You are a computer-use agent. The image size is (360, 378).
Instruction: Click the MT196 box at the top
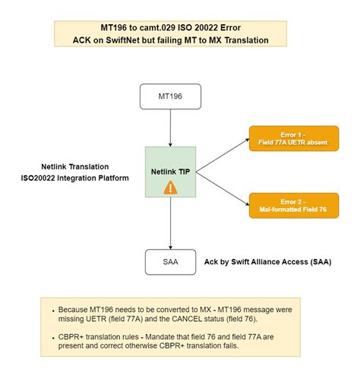(x=169, y=98)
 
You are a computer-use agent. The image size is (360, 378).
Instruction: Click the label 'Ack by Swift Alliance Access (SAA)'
(x=268, y=262)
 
